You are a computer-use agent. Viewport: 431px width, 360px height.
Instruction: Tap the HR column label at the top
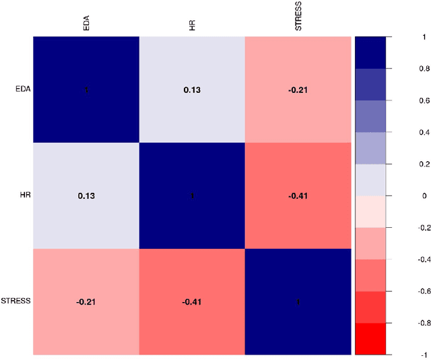pyautogui.click(x=192, y=27)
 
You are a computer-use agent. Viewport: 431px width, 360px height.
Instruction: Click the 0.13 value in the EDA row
pyautogui.click(x=192, y=90)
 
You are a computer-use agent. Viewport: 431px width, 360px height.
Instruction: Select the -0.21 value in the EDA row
pyautogui.click(x=298, y=90)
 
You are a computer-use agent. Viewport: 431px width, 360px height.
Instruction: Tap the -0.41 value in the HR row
pyautogui.click(x=298, y=196)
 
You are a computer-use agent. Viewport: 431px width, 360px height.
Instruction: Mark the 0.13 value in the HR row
pyautogui.click(x=86, y=196)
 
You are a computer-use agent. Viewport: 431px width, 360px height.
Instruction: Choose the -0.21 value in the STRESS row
pyautogui.click(x=86, y=301)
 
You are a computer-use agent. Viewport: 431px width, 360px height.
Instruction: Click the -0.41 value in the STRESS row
pyautogui.click(x=192, y=301)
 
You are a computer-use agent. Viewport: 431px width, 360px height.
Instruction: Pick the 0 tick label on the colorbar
pyautogui.click(x=405, y=196)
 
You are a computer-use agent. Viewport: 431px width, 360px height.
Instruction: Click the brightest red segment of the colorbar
pyautogui.click(x=370, y=338)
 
